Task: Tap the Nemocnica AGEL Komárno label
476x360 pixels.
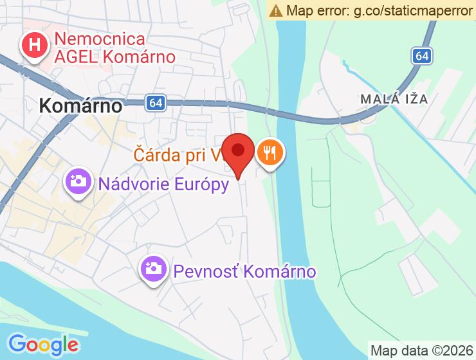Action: coord(114,48)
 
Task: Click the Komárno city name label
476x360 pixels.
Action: coord(80,105)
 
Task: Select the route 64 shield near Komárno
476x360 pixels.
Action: coord(154,103)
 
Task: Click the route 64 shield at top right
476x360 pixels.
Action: coord(421,57)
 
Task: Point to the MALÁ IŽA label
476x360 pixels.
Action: coord(394,99)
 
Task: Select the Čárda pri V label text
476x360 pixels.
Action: coord(178,155)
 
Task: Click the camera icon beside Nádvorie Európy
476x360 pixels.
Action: coord(79,182)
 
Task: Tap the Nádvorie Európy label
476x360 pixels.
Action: coord(163,184)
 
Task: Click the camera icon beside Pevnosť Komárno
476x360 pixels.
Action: coord(154,268)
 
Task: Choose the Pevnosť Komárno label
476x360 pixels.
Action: coord(244,271)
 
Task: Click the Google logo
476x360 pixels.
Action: coord(43,343)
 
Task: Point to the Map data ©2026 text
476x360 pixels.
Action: coord(422,351)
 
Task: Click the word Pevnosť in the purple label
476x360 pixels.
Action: coord(203,271)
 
